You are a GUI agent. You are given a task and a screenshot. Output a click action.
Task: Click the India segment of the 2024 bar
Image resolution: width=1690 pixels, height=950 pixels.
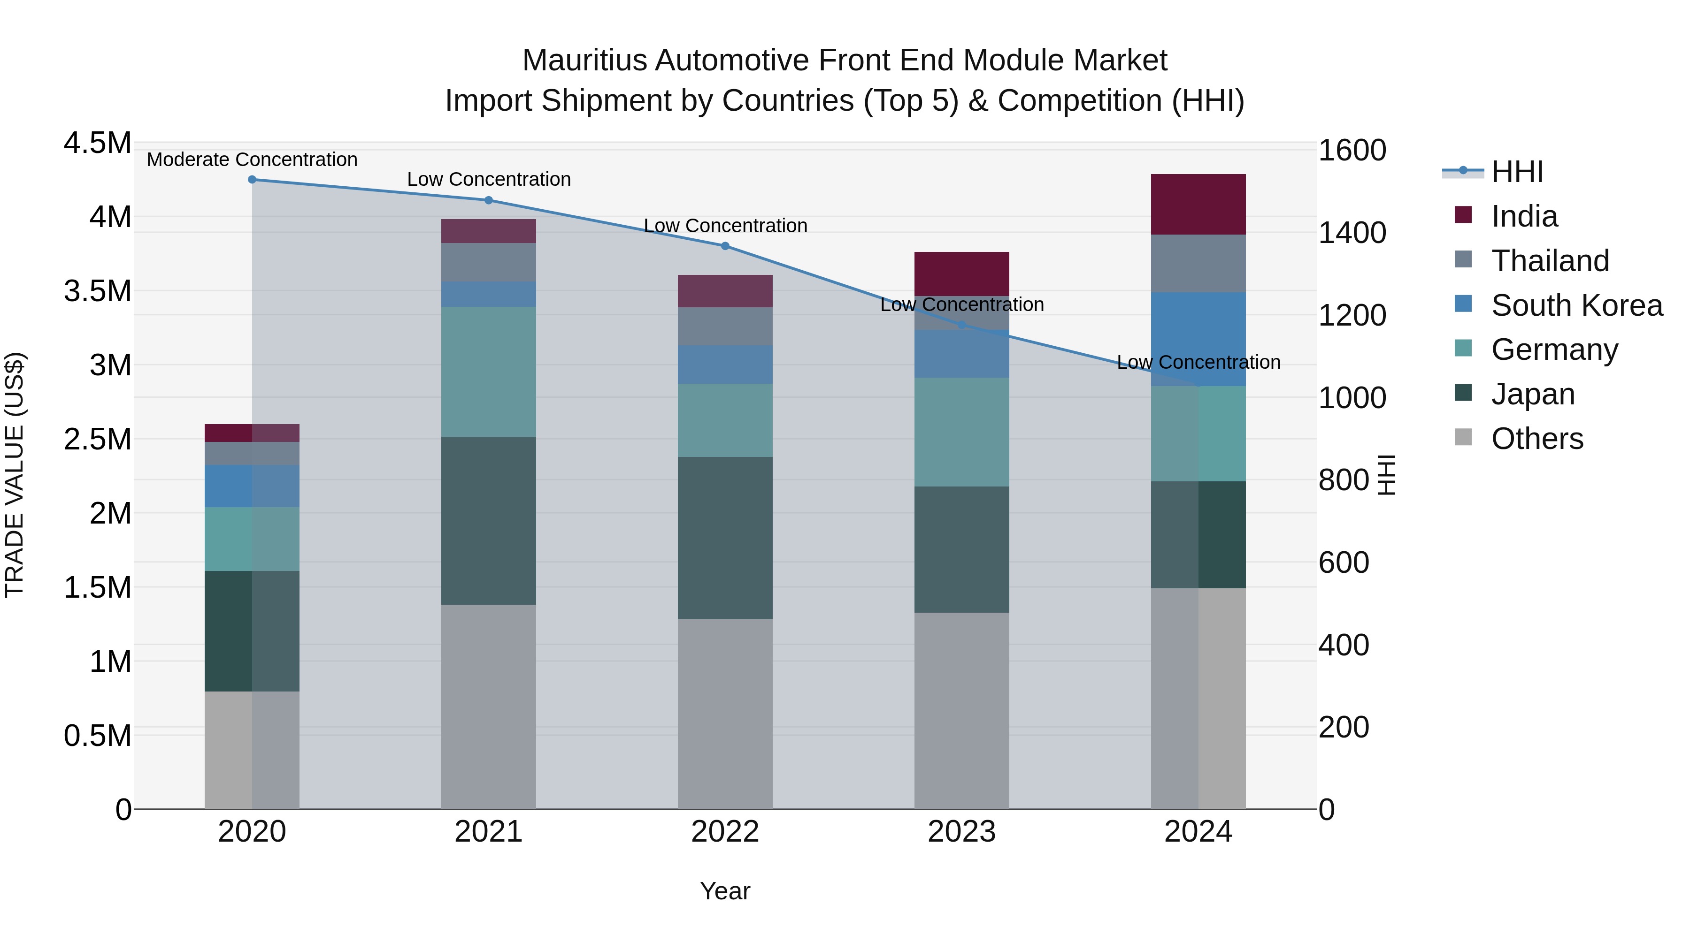(1198, 204)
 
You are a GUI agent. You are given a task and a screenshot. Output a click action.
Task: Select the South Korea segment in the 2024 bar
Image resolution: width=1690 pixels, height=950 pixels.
(1198, 339)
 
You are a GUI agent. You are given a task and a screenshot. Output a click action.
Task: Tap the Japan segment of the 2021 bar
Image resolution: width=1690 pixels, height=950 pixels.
(488, 521)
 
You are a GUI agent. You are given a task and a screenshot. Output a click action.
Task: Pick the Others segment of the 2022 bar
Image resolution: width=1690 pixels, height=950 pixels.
(725, 714)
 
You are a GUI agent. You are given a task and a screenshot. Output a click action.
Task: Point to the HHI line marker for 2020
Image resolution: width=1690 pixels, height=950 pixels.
(252, 180)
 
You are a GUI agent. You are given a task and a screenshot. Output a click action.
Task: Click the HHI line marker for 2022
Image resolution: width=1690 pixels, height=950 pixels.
(725, 246)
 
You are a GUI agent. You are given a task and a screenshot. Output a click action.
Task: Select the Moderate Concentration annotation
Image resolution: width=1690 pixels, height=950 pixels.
(252, 160)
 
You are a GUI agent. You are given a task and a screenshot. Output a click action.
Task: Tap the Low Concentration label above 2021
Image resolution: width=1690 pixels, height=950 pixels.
(489, 180)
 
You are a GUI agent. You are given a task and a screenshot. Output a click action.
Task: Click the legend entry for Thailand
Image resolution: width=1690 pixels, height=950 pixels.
(1550, 261)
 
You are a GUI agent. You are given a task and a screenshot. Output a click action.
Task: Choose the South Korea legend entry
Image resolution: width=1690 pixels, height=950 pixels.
(1576, 305)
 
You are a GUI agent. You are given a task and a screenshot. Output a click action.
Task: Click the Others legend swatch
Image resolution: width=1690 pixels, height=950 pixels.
(1463, 437)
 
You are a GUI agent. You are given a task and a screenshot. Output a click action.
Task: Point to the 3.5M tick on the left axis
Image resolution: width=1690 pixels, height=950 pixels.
(97, 291)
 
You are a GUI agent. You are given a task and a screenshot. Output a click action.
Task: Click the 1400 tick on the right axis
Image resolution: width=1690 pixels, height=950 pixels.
(1352, 234)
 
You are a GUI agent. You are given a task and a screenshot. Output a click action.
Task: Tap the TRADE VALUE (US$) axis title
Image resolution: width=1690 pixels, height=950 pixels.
(15, 475)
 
